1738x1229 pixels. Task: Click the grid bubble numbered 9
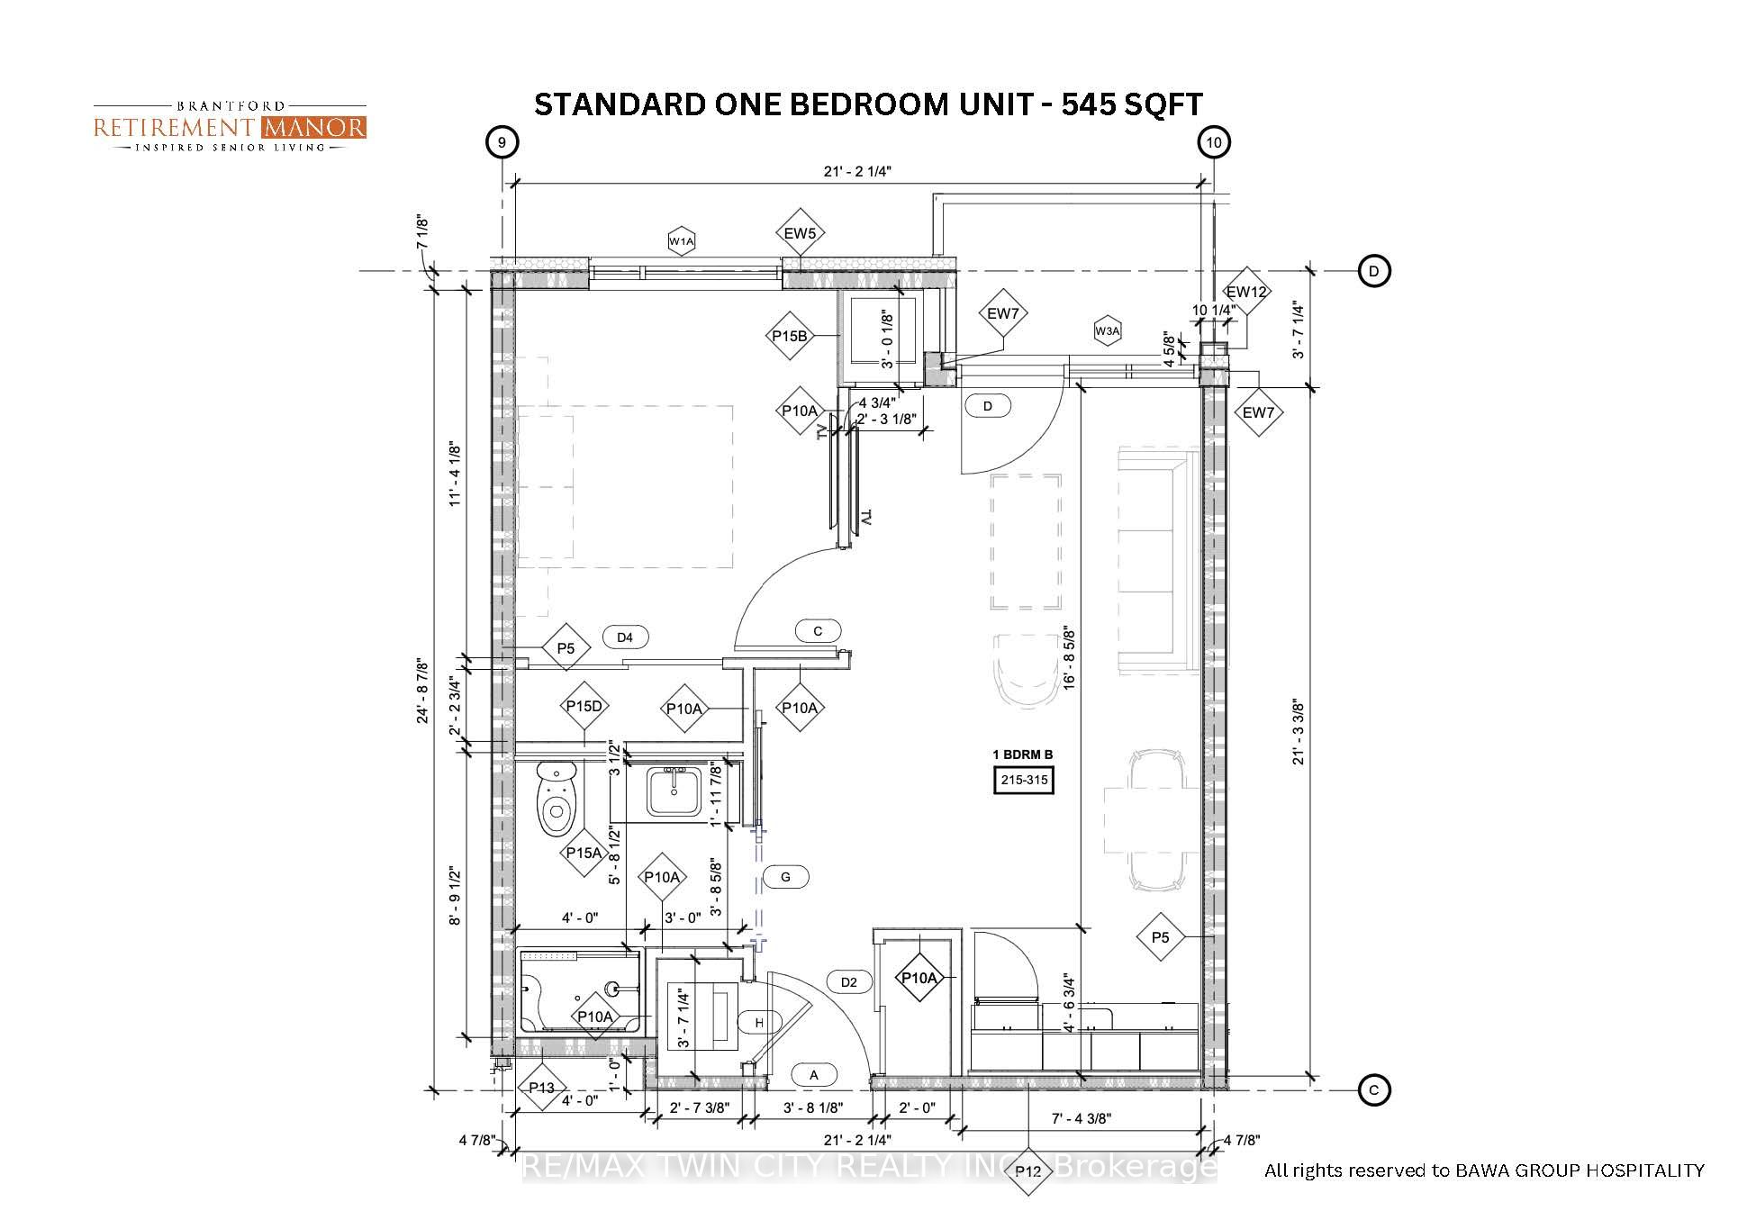coord(502,142)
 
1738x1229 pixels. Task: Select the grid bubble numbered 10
coord(1214,142)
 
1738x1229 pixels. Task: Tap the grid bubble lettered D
coord(1374,271)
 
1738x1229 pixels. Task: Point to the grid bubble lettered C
coord(1374,1090)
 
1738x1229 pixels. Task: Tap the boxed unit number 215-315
coord(1024,780)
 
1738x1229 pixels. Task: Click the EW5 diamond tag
coord(800,233)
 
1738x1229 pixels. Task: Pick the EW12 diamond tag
coord(1246,291)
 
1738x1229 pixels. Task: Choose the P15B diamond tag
coord(790,336)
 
